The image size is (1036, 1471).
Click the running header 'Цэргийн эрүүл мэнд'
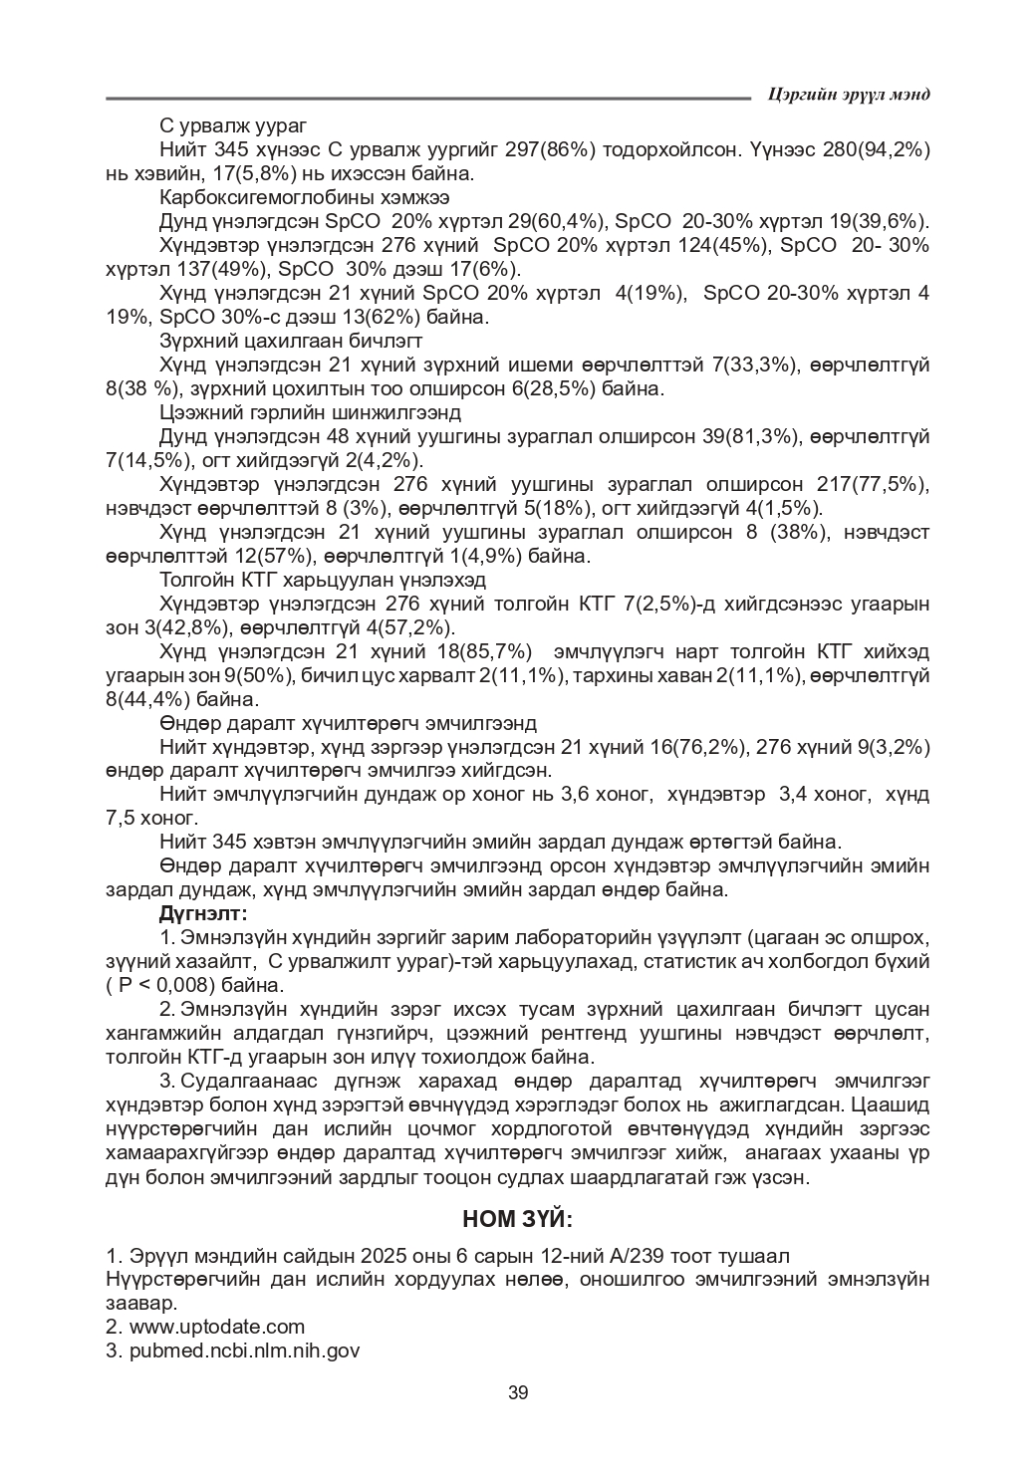pos(850,94)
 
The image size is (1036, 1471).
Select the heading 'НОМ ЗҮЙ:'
pos(518,1220)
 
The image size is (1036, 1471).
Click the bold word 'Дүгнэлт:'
pos(203,913)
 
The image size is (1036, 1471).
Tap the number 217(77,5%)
pos(873,484)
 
